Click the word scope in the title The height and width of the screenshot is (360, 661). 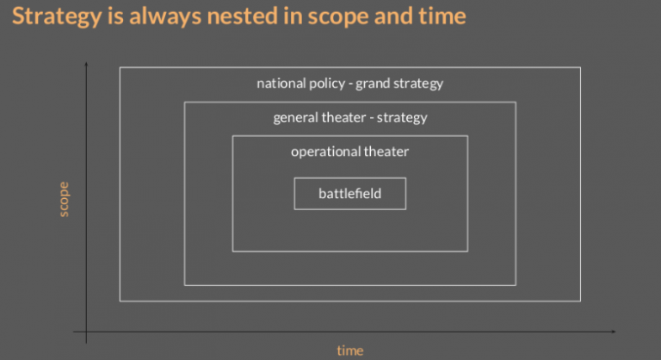click(347, 16)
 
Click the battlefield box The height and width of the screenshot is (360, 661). click(349, 194)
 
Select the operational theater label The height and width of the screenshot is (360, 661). click(349, 152)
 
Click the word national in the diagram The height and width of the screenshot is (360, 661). click(281, 84)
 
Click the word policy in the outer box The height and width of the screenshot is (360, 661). click(329, 84)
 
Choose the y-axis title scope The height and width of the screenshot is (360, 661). click(64, 199)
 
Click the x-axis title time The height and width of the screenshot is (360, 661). click(349, 351)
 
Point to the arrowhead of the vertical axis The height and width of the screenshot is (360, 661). click(86, 65)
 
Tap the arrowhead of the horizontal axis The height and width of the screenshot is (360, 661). click(613, 332)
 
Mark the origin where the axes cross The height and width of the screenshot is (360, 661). click(86, 332)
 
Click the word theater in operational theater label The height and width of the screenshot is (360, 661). click(386, 152)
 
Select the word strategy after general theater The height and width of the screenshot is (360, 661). click(402, 118)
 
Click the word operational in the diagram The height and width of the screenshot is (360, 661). click(325, 152)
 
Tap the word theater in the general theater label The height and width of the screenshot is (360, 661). click(343, 118)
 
